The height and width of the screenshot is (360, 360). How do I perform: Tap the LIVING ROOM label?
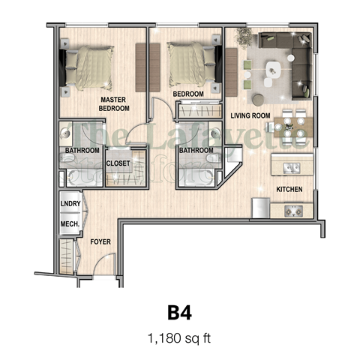pyautogui.click(x=249, y=115)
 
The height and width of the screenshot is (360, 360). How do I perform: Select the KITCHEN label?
pyautogui.click(x=289, y=190)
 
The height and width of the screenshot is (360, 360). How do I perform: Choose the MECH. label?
pyautogui.click(x=70, y=223)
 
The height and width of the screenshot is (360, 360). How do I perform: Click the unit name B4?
pyautogui.click(x=180, y=310)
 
